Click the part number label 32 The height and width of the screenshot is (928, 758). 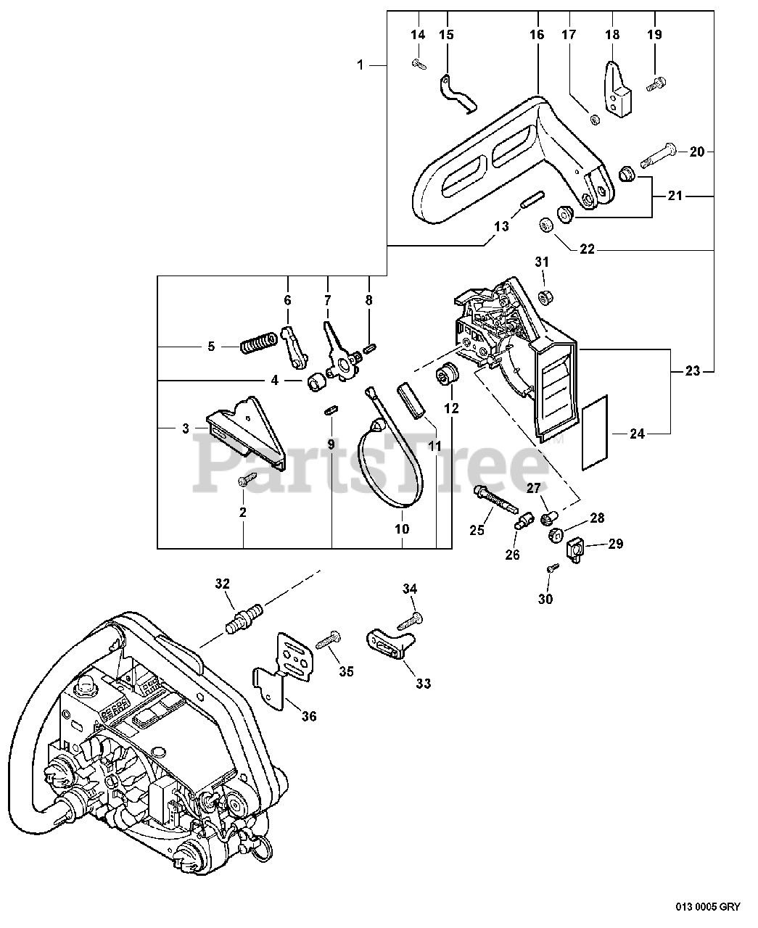(x=223, y=583)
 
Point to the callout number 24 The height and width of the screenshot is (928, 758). (x=637, y=434)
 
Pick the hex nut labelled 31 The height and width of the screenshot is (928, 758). (x=543, y=295)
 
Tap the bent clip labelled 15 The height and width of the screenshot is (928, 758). (x=456, y=94)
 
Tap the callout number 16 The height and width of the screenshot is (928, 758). (x=536, y=35)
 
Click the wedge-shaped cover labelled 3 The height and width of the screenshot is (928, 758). (x=247, y=428)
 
